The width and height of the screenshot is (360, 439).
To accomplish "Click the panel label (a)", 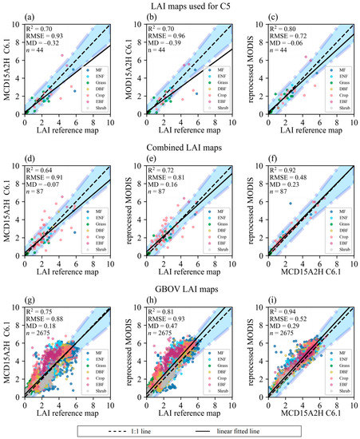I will pyautogui.click(x=28, y=18).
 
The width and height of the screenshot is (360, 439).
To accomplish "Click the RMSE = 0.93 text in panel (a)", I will pyautogui.click(x=43, y=38).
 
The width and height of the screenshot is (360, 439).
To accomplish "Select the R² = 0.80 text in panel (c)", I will pyautogui.click(x=283, y=28).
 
